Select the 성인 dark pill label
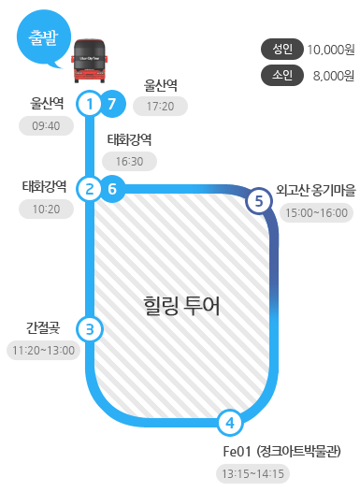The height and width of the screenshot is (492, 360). coord(282,49)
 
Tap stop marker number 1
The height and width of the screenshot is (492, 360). coord(89,103)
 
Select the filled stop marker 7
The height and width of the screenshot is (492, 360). coord(112,103)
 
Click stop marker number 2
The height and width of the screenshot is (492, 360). coord(89,189)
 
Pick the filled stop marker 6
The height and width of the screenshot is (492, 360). coord(112,189)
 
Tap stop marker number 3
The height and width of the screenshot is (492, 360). coord(89,328)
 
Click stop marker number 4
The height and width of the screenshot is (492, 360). coord(229,424)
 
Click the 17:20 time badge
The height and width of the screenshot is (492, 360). coord(161,107)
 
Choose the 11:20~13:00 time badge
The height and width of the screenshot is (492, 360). coord(43,351)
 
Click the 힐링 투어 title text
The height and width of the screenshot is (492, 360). coord(181,305)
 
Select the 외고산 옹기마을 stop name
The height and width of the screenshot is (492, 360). coord(316,190)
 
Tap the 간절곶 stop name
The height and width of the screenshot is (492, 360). coord(43,327)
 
